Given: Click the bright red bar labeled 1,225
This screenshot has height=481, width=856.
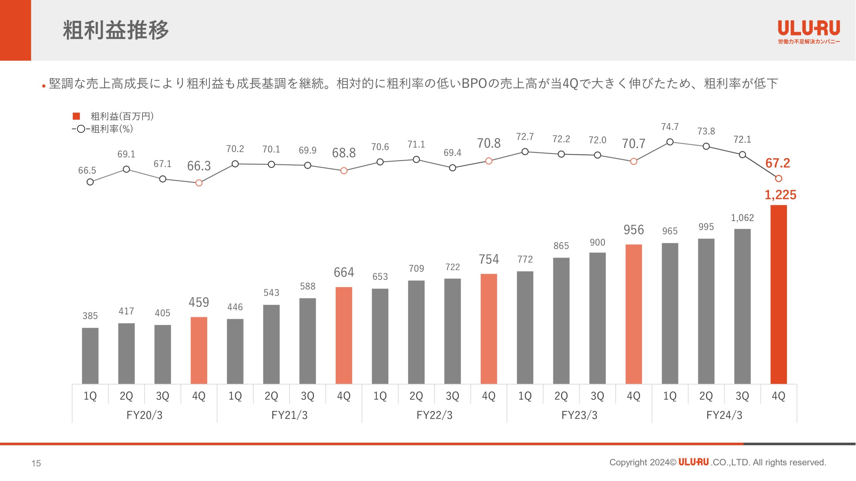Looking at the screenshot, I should point(778,294).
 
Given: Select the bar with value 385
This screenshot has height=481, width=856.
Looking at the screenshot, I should point(90,356).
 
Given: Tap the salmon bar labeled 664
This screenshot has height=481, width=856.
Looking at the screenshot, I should point(344,335).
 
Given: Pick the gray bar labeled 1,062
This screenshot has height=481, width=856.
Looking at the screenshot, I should point(742,306).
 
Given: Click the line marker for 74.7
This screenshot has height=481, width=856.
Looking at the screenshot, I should point(670,142).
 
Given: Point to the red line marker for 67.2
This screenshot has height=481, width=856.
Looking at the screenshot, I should point(778,179).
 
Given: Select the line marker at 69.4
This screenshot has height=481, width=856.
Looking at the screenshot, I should point(452,168).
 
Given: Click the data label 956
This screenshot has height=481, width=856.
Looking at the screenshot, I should point(634,230).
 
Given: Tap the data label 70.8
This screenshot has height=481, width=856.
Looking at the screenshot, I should point(489,143).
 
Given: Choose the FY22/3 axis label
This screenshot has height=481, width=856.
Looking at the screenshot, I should point(434,415).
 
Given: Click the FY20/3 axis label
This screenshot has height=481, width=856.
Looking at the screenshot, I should point(144,415).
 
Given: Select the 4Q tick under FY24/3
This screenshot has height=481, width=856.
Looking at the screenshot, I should point(778,396).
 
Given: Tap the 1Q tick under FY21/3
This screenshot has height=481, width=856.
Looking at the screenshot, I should point(235,396).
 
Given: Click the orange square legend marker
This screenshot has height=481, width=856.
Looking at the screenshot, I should point(76,116).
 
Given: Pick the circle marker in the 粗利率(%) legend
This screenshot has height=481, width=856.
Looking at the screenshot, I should point(81,129).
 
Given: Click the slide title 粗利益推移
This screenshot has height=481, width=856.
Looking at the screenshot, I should point(116,30).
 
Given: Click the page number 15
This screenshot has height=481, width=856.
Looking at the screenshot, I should point(36,463).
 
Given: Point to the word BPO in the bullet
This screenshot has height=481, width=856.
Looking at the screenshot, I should point(474,84).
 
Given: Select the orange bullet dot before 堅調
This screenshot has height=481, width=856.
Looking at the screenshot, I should point(44,86).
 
